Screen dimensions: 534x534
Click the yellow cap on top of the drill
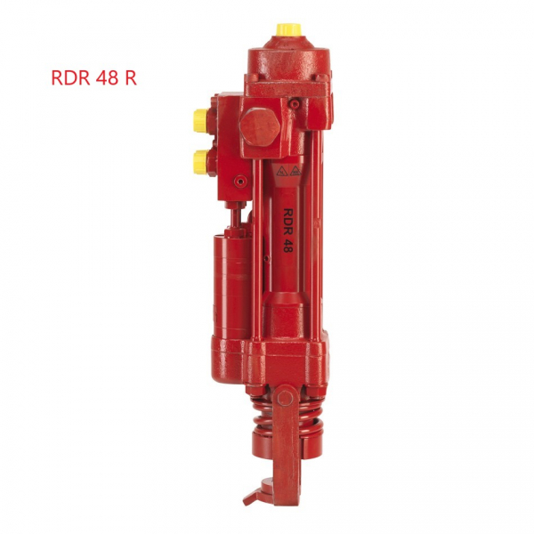pos(288,30)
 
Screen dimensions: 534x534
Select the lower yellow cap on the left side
pos(200,162)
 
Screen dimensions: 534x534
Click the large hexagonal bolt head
pos(260,126)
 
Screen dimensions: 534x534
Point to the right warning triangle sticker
pos(295,171)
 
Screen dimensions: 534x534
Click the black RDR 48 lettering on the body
pos(288,230)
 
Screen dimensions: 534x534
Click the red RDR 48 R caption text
pos(94,78)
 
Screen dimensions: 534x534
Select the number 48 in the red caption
pos(107,78)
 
